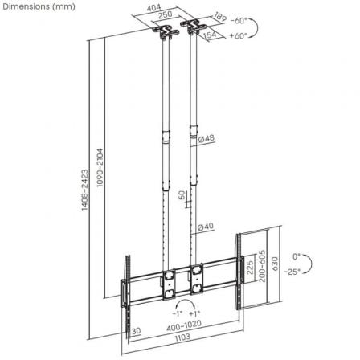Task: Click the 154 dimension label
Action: (212, 35)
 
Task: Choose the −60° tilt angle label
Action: (239, 20)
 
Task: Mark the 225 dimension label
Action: (249, 267)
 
